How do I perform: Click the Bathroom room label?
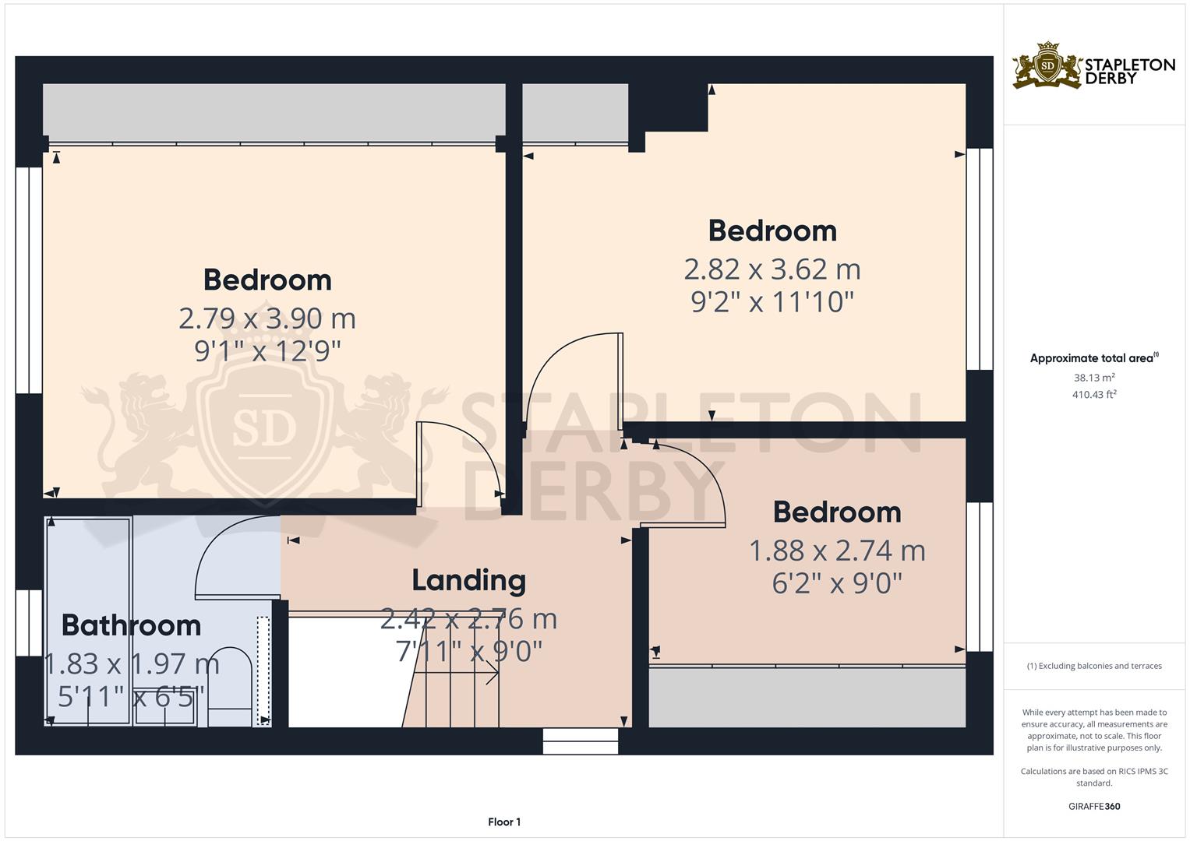tap(131, 625)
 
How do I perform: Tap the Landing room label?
tap(468, 580)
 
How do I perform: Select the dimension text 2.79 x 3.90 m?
tap(267, 318)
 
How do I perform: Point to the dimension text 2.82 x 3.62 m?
tap(772, 269)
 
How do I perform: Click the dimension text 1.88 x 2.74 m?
tap(837, 551)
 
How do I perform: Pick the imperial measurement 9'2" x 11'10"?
tap(772, 301)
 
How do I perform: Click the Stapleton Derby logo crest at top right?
tap(1047, 66)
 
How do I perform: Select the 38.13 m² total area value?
tap(1093, 378)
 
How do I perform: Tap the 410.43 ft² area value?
tap(1093, 395)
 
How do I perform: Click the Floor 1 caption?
tap(503, 822)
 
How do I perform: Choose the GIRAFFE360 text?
tap(1093, 806)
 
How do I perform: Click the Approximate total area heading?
tap(1093, 358)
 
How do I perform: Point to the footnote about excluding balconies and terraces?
tap(1093, 666)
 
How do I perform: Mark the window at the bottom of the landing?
tap(581, 741)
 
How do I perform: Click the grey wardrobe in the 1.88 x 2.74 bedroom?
tap(807, 697)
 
